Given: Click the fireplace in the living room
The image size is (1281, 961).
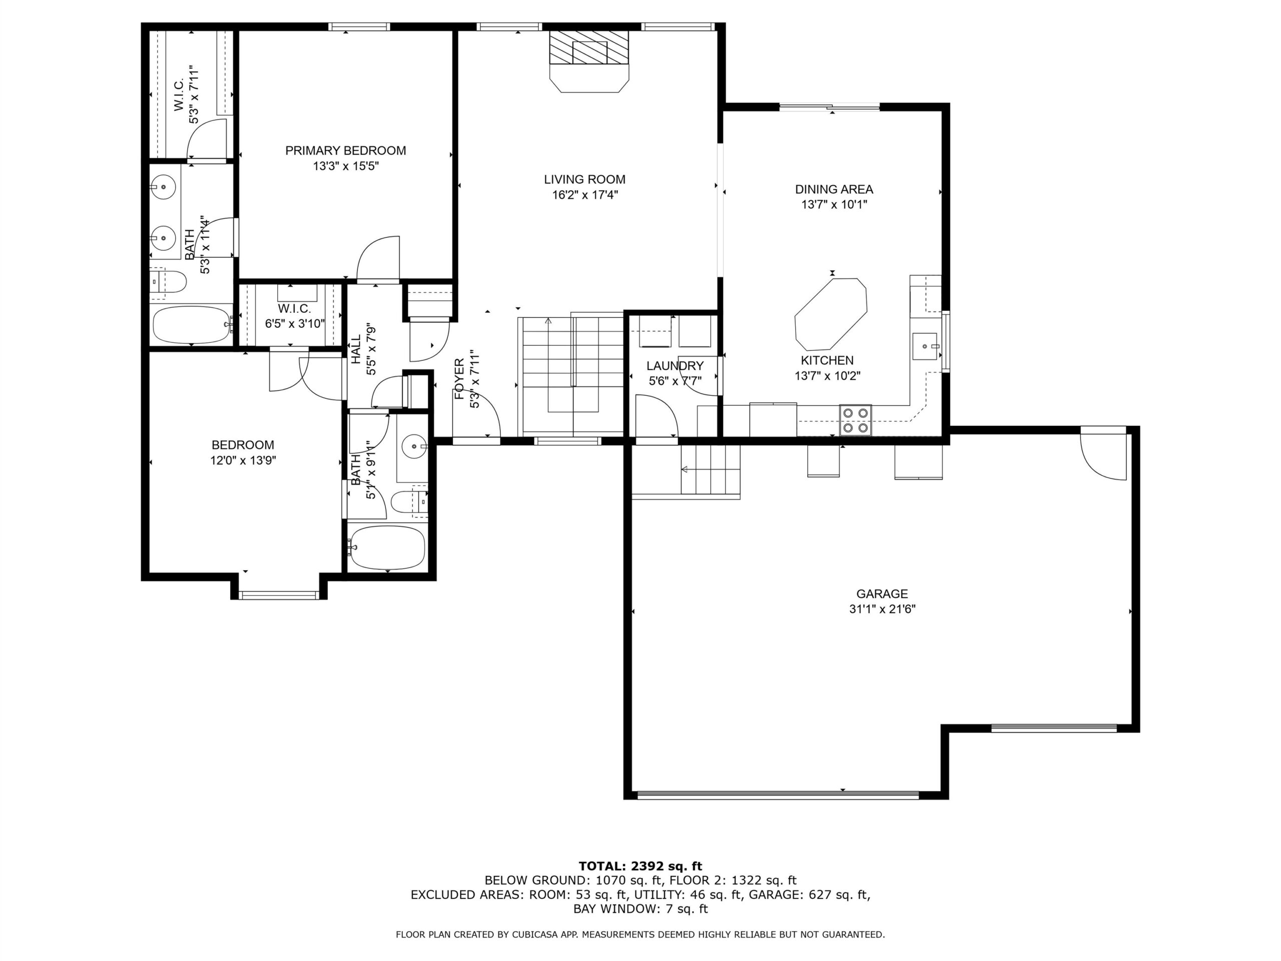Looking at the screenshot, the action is point(589,61).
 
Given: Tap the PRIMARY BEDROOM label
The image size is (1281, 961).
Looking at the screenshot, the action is point(346,151).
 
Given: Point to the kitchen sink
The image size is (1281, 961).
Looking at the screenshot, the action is point(925,346).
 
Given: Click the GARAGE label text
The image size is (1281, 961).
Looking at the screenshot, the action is point(882,594).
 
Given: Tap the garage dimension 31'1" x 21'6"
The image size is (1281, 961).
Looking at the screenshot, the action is point(882,610).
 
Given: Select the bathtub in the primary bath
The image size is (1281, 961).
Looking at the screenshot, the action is point(191,324).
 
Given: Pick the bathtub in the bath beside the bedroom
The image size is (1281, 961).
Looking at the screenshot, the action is point(387,548).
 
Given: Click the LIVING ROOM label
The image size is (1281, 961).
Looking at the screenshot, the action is point(585,180).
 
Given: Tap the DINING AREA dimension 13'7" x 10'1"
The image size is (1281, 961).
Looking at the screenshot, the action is point(834,205).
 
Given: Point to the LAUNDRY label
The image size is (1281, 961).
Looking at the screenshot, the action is point(675,366).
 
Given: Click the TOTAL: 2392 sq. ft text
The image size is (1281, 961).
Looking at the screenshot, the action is point(640,866).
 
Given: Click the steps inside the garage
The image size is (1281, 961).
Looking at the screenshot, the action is point(711,470).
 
